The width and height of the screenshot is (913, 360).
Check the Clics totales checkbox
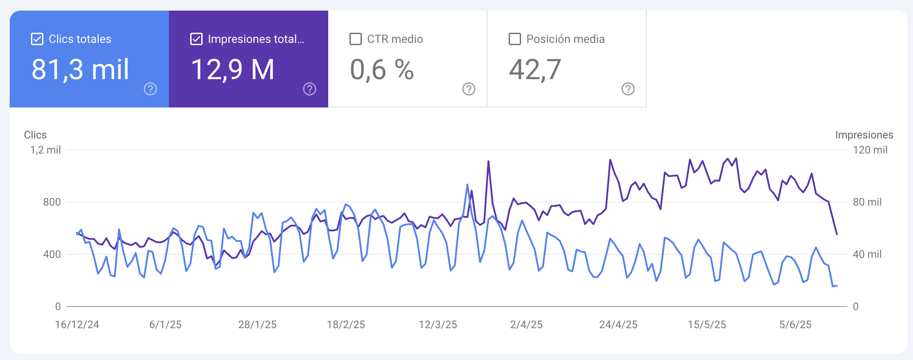coord(37,39)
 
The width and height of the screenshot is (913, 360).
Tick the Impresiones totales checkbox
coord(196,39)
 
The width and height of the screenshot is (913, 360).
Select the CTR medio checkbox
coord(356,39)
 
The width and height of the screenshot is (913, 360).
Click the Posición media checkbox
coord(515,39)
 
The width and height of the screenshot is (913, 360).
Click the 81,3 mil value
coord(80,70)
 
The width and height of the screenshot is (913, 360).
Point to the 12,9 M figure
coord(233,70)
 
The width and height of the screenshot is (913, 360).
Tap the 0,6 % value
coord(382,70)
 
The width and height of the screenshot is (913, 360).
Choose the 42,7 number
coord(535,70)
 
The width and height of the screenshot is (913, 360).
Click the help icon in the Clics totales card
coord(150,89)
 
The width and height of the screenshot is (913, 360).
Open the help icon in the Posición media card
coord(628,89)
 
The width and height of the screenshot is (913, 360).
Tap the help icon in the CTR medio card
coord(469,89)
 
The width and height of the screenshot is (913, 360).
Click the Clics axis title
coord(35,135)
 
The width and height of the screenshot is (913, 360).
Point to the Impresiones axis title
coord(864,135)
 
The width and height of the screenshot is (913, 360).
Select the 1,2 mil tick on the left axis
coord(46,150)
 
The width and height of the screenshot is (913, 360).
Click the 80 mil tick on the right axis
coord(867,202)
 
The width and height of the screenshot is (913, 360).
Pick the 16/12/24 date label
coord(77,325)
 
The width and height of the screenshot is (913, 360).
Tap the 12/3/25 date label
coord(438,325)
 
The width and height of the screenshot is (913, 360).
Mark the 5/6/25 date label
coord(795,325)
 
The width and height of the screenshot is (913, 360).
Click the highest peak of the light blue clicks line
coord(468,185)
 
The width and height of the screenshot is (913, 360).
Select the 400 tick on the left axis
coord(52,254)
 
